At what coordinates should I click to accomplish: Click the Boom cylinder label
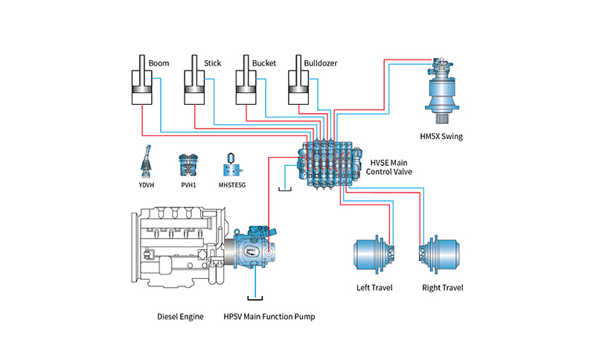[159, 63]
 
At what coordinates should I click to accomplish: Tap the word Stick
[212, 63]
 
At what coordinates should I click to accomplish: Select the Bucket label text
[263, 63]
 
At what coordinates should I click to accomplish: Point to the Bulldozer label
[320, 63]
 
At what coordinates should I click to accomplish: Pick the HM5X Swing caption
[441, 136]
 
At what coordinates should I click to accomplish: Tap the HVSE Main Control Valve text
[389, 167]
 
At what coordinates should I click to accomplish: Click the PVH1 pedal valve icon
[188, 166]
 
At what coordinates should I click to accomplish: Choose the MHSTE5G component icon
[232, 165]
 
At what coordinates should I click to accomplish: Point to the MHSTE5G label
[232, 185]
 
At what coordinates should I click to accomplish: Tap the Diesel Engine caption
[180, 316]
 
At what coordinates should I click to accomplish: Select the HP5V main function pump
[253, 247]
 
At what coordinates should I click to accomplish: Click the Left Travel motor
[375, 254]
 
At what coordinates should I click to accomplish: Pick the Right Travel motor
[439, 254]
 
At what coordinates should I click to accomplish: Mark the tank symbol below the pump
[255, 298]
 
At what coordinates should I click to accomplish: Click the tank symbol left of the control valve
[285, 190]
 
